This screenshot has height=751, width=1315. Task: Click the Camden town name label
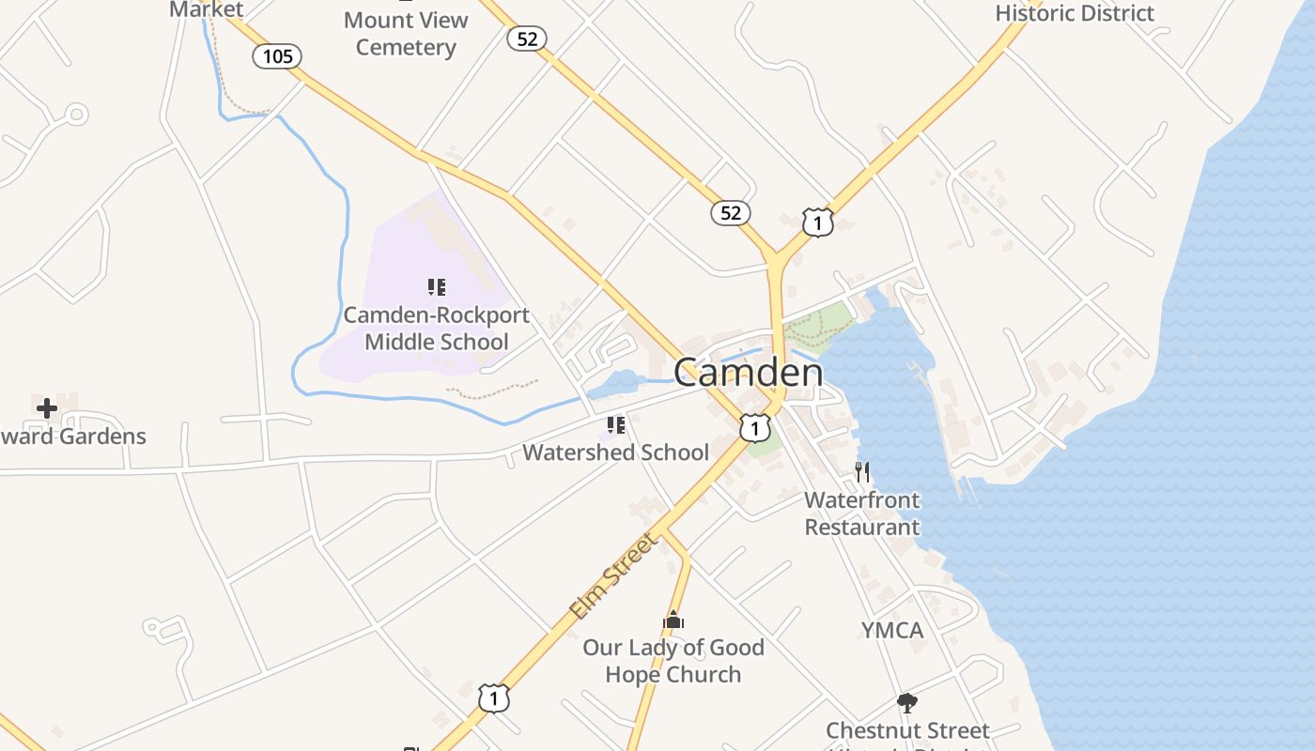(749, 373)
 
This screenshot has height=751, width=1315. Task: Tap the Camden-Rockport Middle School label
(437, 329)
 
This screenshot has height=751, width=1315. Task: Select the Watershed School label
(615, 452)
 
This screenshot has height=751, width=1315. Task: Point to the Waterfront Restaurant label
(862, 513)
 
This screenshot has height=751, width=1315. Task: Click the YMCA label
(892, 630)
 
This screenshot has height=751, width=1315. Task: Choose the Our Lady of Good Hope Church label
(673, 661)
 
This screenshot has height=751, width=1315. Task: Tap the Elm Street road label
(613, 575)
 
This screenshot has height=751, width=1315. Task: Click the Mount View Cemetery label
(406, 33)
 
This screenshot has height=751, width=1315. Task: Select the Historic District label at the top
(1075, 13)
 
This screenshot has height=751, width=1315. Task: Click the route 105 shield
(277, 56)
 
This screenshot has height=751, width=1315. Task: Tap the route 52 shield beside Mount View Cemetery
(527, 38)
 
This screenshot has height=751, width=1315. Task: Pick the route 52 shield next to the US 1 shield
(731, 213)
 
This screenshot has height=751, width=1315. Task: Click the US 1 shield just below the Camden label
(754, 428)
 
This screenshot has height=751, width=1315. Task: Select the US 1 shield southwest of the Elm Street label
(494, 698)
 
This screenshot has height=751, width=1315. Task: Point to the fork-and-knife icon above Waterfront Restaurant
(862, 471)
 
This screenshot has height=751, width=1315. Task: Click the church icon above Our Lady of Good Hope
(673, 621)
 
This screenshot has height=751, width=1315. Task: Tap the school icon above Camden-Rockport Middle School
(437, 287)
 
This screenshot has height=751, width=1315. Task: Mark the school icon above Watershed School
(616, 425)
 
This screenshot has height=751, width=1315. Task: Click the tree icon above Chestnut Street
(906, 702)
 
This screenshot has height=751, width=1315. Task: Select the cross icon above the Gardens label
(47, 408)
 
